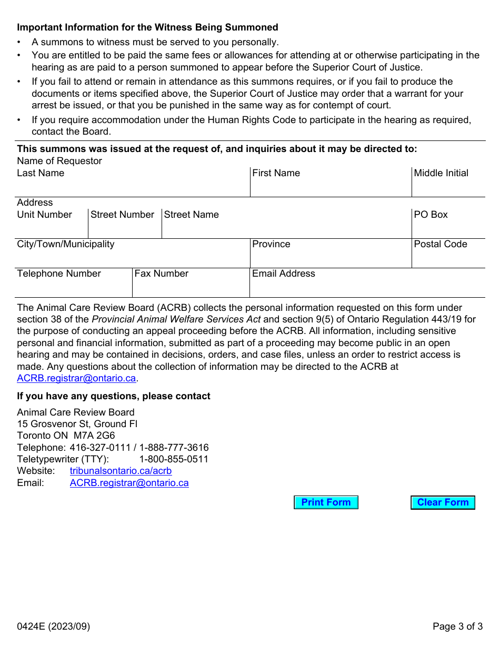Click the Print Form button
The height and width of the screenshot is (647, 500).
click(x=326, y=502)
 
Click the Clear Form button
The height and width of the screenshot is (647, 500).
click(x=443, y=502)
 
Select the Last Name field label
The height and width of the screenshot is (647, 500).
click(x=41, y=173)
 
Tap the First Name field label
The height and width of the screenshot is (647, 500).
click(x=276, y=173)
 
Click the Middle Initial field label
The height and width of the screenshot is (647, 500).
click(x=441, y=173)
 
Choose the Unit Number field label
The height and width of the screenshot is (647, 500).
click(x=44, y=215)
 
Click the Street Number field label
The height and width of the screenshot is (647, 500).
click(x=122, y=215)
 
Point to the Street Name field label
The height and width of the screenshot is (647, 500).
click(x=191, y=215)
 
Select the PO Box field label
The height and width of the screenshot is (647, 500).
click(x=431, y=215)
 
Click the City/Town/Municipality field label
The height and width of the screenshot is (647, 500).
click(x=65, y=244)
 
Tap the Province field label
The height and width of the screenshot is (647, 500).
click(x=271, y=244)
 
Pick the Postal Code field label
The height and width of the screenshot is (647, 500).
click(x=440, y=244)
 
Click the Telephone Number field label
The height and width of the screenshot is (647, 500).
click(x=59, y=274)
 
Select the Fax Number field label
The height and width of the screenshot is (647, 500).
click(x=161, y=274)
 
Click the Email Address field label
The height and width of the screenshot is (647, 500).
click(x=283, y=274)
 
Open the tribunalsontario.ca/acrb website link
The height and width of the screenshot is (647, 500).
click(x=121, y=471)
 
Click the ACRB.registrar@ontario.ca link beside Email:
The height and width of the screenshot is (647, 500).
click(x=129, y=482)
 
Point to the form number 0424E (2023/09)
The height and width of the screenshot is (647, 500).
click(x=53, y=626)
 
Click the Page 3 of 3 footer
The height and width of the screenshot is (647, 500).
click(x=457, y=626)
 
